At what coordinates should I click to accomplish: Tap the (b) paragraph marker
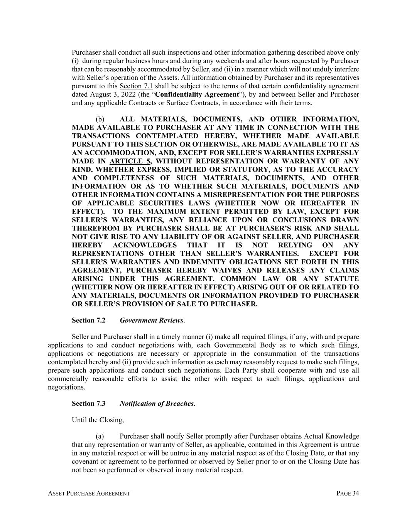[100, 119]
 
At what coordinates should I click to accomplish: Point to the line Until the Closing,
[98, 420]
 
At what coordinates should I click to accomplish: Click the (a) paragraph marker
[100, 436]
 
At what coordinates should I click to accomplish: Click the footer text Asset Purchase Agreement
[89, 494]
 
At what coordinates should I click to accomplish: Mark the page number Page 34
[348, 494]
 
